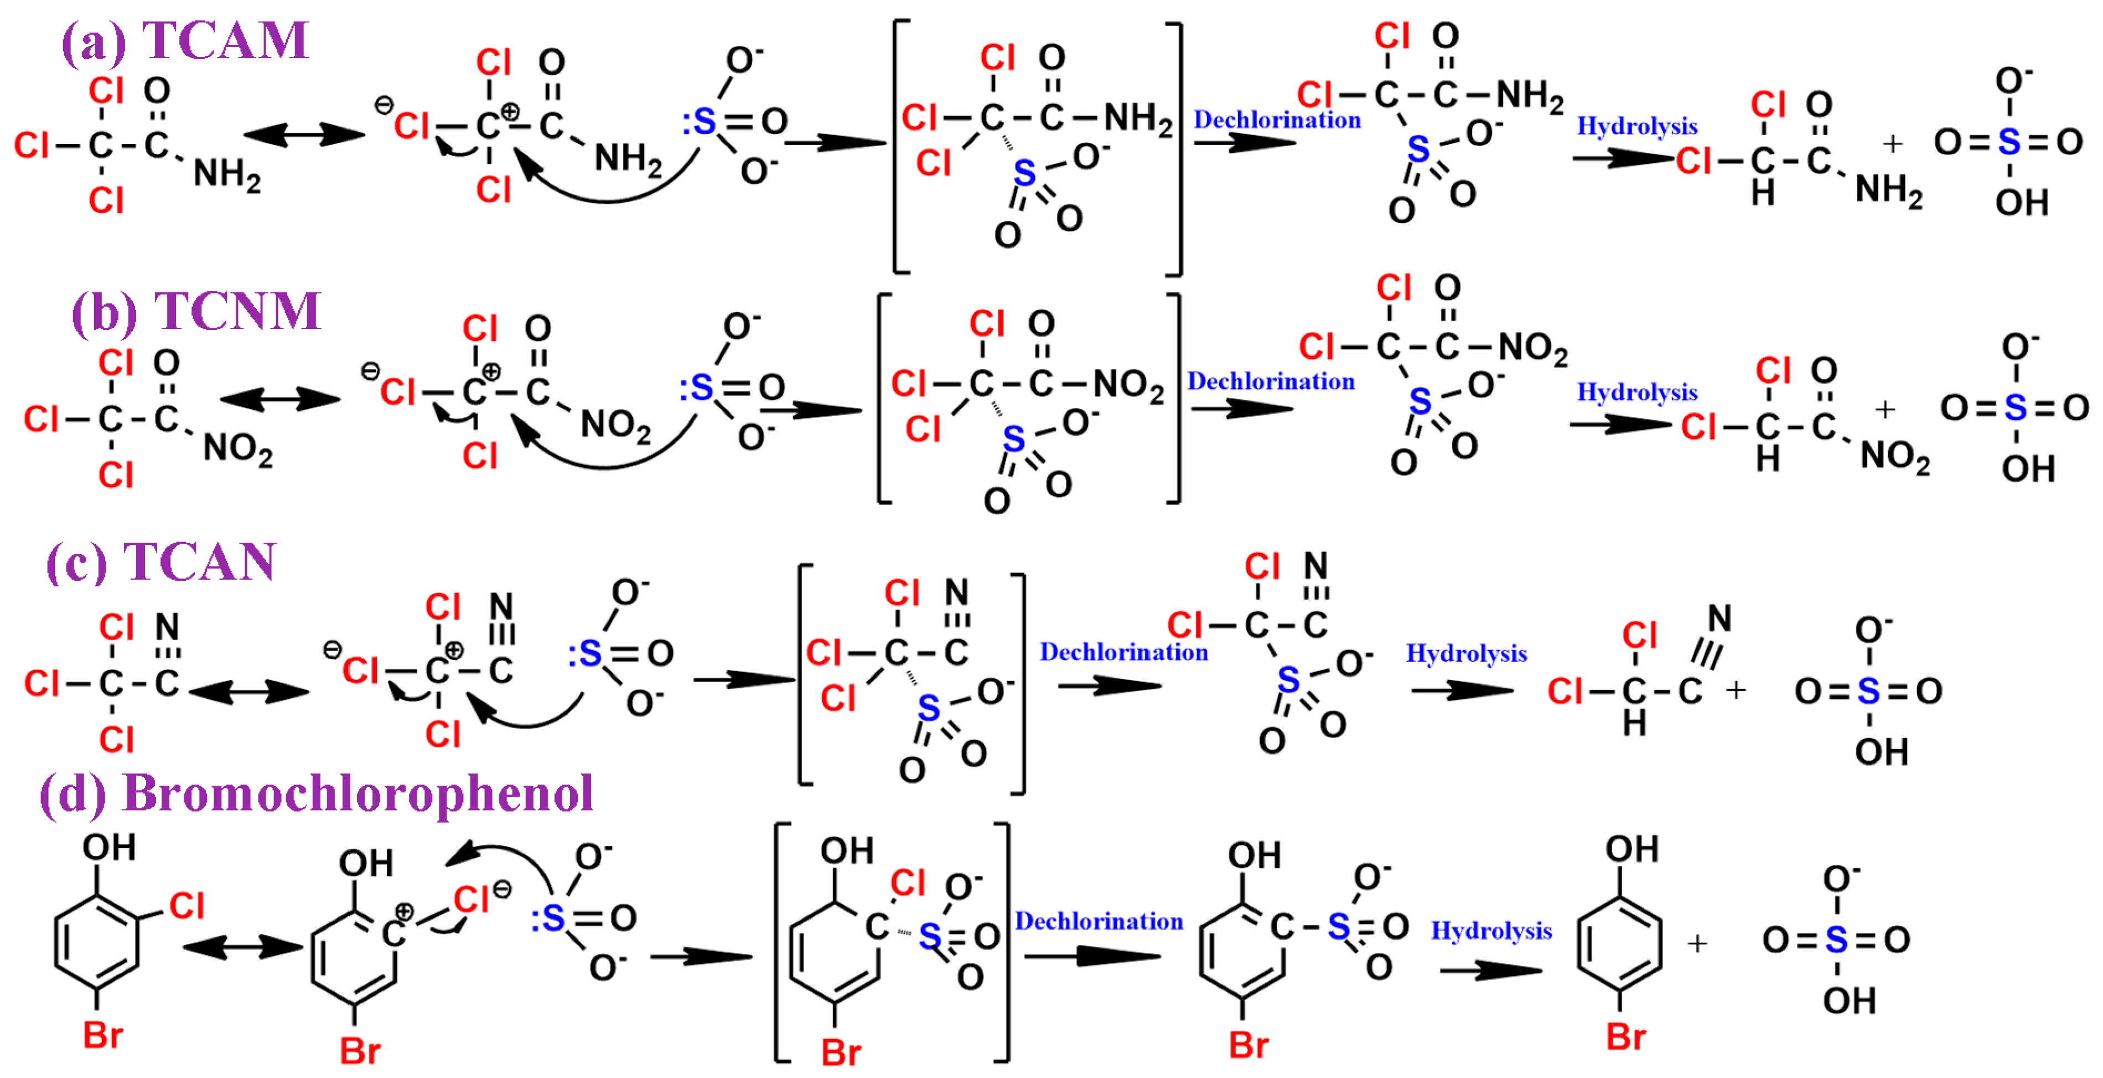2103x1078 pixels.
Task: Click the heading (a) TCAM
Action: [x=185, y=41]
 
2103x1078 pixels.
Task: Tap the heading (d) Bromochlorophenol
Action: [x=317, y=793]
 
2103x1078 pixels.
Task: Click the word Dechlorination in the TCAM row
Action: [x=1277, y=120]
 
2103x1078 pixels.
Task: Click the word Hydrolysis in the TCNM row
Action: [x=1637, y=392]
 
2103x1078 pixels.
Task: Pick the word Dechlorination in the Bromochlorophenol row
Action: [x=1099, y=921]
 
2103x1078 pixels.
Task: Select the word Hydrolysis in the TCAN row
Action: [x=1466, y=653]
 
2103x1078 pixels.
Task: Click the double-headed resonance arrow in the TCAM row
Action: [x=304, y=135]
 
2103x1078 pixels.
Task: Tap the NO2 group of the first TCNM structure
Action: [x=237, y=449]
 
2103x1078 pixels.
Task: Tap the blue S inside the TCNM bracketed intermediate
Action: [x=1013, y=440]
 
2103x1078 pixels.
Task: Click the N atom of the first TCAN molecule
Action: [x=167, y=627]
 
